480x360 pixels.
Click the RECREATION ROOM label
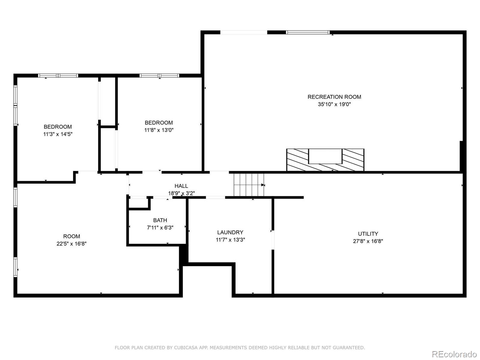pyautogui.click(x=334, y=97)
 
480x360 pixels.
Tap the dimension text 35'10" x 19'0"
pyautogui.click(x=334, y=104)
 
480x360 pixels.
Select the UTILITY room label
pyautogui.click(x=368, y=234)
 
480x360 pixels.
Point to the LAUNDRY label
pyautogui.click(x=230, y=232)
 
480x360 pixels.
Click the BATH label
pyautogui.click(x=160, y=220)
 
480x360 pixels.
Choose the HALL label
pyautogui.click(x=181, y=186)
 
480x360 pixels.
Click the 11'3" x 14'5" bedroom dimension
pyautogui.click(x=58, y=134)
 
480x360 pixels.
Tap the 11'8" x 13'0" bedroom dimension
pyautogui.click(x=159, y=130)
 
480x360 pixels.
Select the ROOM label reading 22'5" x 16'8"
pyautogui.click(x=71, y=236)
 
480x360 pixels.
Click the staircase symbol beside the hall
pyautogui.click(x=249, y=184)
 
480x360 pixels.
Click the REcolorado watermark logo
pyautogui.click(x=454, y=354)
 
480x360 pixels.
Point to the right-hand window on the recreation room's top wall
pyautogui.click(x=307, y=32)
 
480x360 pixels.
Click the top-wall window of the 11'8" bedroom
pyautogui.click(x=159, y=76)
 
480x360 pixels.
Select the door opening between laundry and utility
pyautogui.click(x=273, y=240)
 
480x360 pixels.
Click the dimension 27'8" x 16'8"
pyautogui.click(x=368, y=241)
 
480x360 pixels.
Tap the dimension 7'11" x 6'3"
pyautogui.click(x=160, y=228)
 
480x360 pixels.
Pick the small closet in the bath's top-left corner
pyautogui.click(x=138, y=202)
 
